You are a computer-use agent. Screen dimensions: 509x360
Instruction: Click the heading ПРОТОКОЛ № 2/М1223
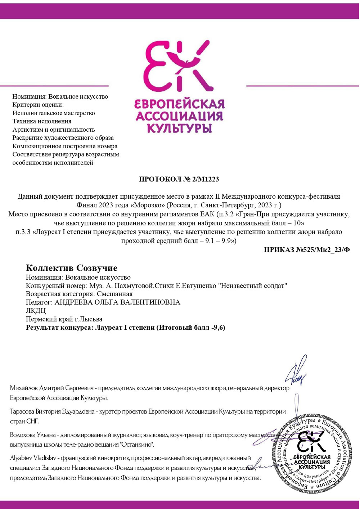pos(179,179)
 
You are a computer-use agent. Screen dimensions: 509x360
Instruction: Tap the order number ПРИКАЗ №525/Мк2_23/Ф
pos(307,250)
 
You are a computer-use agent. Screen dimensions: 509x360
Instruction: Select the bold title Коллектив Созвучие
pos(72,268)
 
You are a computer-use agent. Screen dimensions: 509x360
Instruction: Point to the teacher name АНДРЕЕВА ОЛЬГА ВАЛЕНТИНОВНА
pos(117,302)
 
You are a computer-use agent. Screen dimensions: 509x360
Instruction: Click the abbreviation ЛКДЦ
pos(36,311)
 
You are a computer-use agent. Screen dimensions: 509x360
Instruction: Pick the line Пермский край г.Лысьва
pos(64,319)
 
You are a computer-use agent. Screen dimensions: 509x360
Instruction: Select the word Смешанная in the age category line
pos(115,294)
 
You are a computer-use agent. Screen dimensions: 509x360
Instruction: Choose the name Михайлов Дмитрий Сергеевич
pos(52,388)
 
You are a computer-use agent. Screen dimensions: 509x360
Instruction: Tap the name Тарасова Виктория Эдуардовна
pos(52,411)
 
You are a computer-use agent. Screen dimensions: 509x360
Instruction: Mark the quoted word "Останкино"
pos(136,445)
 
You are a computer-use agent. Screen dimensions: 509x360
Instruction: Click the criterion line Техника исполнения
pos(42,121)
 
